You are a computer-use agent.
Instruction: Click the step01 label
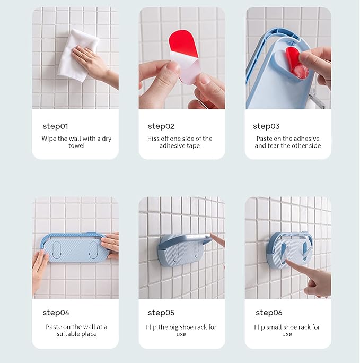(x=55, y=126)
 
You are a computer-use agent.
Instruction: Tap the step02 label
(x=161, y=126)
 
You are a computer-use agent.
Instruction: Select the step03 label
(x=266, y=126)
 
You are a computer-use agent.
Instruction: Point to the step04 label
(x=56, y=313)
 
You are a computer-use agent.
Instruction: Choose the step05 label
(x=161, y=313)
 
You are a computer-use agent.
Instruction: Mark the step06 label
(x=269, y=313)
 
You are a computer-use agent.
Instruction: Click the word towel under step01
(x=76, y=146)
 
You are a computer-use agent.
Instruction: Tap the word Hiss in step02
(x=153, y=139)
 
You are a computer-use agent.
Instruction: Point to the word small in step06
(x=275, y=327)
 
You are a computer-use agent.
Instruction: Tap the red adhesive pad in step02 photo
(x=183, y=44)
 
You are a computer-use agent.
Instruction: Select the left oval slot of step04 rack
(x=57, y=250)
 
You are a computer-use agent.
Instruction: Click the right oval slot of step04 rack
(x=93, y=250)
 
